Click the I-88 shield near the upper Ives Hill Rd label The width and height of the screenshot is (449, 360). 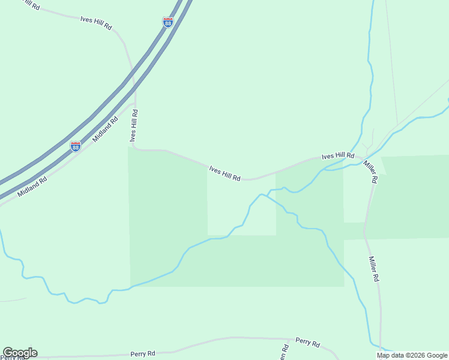pyautogui.click(x=168, y=23)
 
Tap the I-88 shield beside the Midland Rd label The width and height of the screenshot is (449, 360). pyautogui.click(x=76, y=146)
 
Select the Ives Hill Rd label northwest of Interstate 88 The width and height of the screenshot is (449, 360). pyautogui.click(x=96, y=23)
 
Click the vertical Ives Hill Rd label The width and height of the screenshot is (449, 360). pyautogui.click(x=134, y=125)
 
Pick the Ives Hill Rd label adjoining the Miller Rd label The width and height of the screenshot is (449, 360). pyautogui.click(x=338, y=156)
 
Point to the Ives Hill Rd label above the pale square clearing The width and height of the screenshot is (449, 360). pyautogui.click(x=224, y=174)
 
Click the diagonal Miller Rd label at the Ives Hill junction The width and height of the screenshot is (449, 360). pyautogui.click(x=370, y=171)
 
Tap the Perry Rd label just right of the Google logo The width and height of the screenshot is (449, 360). pyautogui.click(x=143, y=354)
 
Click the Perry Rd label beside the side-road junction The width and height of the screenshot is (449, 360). pyautogui.click(x=307, y=342)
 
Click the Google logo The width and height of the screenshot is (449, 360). pyautogui.click(x=20, y=353)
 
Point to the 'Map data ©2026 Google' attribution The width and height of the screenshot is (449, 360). pyautogui.click(x=412, y=355)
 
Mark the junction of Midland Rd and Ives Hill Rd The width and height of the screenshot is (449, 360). pyautogui.click(x=134, y=103)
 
